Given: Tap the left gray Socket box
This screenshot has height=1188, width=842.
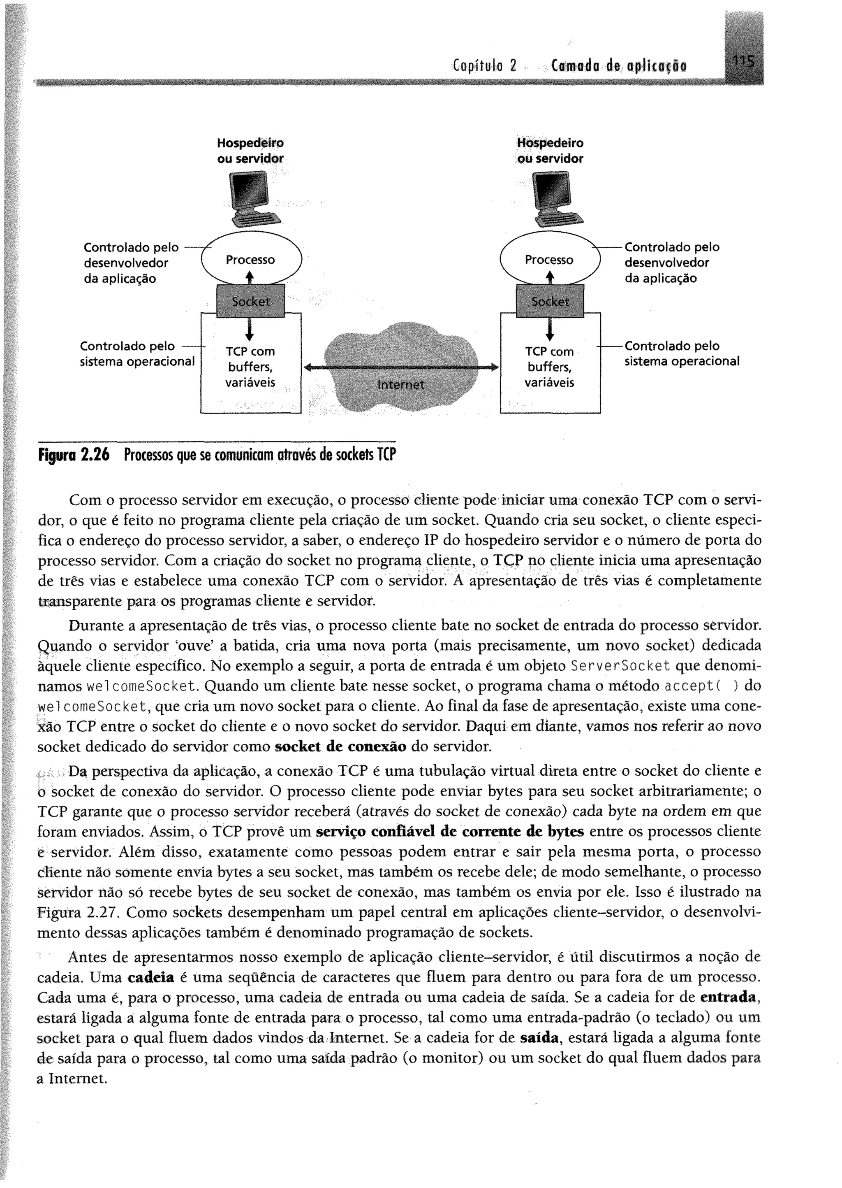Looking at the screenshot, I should point(250,301).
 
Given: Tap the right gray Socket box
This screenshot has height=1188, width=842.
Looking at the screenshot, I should point(550,301).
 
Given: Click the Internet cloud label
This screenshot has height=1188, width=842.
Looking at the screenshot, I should point(401,384).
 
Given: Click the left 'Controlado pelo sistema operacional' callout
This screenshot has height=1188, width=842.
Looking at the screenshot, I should point(137,354).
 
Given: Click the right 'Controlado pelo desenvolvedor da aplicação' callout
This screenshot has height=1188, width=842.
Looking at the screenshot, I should point(671,263).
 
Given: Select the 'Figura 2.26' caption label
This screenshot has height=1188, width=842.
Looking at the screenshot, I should point(74,456).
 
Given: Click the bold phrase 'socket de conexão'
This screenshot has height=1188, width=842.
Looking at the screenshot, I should point(340,746).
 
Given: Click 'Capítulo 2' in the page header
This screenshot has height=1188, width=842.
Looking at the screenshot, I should point(485,66).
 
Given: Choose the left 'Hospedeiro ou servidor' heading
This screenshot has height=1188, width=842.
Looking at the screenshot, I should point(250,151).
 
